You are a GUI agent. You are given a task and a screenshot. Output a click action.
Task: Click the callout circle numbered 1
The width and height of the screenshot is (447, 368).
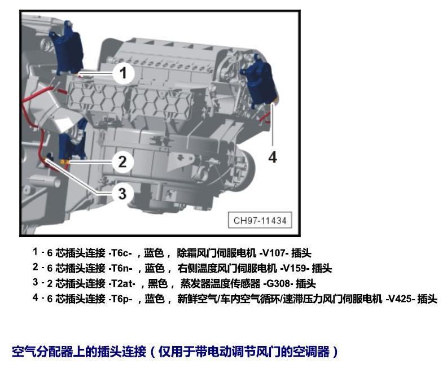(x=123, y=73)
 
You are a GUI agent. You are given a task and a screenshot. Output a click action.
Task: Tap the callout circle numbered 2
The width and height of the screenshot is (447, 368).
(x=122, y=161)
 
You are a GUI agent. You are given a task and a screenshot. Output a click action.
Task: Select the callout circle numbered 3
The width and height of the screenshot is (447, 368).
(x=122, y=194)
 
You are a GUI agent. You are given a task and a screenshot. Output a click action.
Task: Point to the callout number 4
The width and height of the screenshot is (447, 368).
(x=273, y=157)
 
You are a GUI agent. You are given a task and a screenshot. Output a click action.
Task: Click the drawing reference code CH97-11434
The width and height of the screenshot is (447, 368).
(x=260, y=220)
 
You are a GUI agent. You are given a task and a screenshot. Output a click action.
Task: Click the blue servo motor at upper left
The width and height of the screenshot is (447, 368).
(x=67, y=49)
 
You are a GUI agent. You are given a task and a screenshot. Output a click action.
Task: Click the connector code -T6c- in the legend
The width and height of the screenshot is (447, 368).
(x=120, y=253)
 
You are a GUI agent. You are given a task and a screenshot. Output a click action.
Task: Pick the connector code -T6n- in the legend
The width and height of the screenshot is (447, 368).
(x=120, y=268)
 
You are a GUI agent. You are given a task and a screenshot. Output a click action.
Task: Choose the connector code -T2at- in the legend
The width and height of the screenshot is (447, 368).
(x=122, y=284)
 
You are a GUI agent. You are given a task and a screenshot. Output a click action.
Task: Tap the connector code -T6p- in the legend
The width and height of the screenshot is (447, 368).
(x=120, y=299)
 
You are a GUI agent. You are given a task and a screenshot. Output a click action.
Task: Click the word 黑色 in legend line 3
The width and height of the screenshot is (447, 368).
(x=157, y=284)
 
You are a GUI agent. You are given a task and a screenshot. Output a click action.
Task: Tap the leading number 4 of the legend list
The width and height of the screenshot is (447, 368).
(x=35, y=298)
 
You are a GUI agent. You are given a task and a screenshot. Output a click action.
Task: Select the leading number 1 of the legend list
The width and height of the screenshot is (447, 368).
(x=35, y=252)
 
